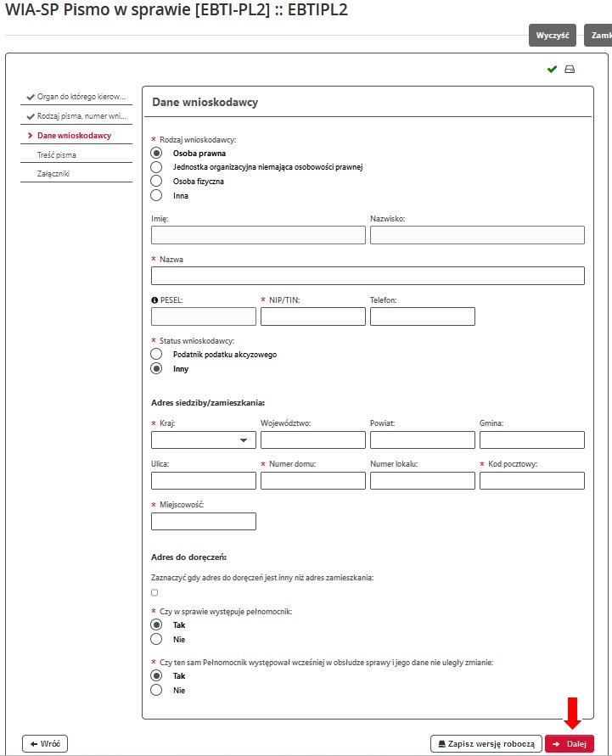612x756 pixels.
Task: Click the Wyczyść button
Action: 552,35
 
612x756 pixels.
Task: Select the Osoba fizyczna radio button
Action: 156,181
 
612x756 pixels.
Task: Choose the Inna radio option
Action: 156,195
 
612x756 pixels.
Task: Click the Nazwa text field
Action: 368,276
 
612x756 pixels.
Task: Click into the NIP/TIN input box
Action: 312,316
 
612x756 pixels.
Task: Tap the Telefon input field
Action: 422,316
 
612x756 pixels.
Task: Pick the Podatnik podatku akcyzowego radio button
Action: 156,354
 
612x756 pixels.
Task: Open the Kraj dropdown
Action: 203,440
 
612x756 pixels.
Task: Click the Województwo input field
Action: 312,440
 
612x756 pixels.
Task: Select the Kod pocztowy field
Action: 531,480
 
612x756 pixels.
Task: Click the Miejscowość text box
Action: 203,521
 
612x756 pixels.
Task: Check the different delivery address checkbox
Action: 154,592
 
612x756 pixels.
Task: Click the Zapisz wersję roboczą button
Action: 486,743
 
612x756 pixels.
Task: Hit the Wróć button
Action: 44,743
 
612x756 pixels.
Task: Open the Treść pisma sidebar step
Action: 57,155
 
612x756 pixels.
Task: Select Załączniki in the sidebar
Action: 53,174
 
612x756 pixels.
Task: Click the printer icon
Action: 570,69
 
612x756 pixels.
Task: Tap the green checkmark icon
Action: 552,69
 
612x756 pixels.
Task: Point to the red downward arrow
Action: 573,712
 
